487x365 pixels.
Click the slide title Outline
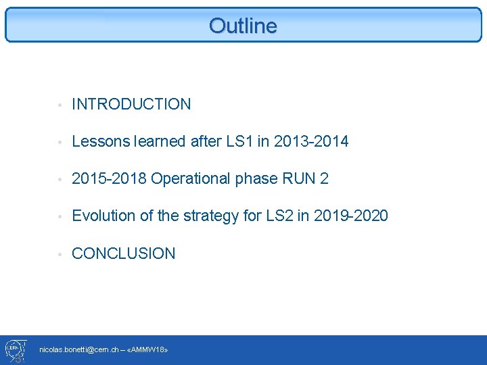pyautogui.click(x=243, y=26)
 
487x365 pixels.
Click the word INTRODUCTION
pyautogui.click(x=131, y=104)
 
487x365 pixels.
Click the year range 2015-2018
pyautogui.click(x=109, y=178)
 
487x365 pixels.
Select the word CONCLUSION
pyautogui.click(x=123, y=253)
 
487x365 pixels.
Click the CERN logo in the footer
pyautogui.click(x=15, y=349)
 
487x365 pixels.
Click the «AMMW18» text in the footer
pyautogui.click(x=148, y=349)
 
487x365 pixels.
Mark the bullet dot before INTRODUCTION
pyautogui.click(x=61, y=105)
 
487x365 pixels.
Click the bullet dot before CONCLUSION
pyautogui.click(x=61, y=255)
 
